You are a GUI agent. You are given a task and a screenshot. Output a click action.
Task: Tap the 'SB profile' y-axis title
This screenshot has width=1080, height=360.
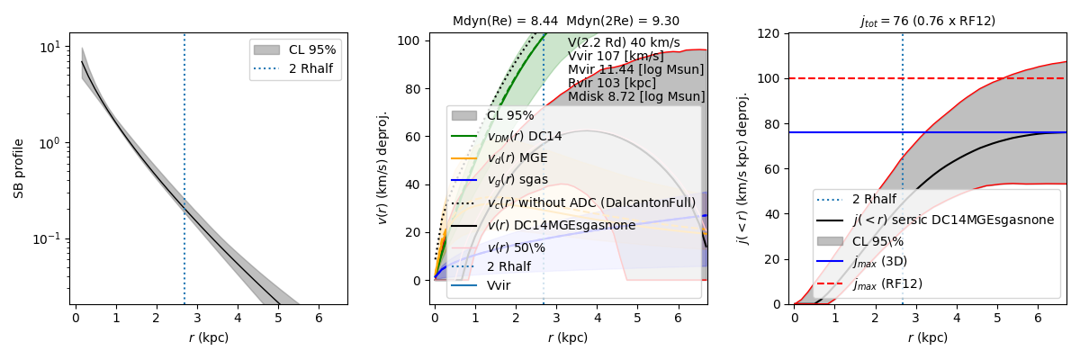coord(19,168)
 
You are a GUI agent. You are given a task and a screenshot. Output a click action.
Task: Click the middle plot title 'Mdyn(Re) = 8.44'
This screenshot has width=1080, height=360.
coord(505,21)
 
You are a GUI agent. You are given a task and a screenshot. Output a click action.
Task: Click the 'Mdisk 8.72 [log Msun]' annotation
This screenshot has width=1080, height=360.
coord(636,96)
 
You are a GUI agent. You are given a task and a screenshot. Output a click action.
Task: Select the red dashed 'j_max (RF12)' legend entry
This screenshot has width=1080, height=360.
coord(887,284)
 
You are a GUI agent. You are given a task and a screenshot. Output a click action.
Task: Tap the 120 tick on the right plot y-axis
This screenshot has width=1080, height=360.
coord(769,33)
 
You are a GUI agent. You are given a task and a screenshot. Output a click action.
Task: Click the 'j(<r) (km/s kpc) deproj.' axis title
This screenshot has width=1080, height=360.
coord(743,168)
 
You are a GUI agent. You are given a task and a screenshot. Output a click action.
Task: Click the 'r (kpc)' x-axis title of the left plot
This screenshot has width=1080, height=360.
coord(208,338)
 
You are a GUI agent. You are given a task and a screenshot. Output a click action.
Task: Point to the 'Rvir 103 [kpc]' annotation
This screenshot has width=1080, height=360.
coord(611,83)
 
